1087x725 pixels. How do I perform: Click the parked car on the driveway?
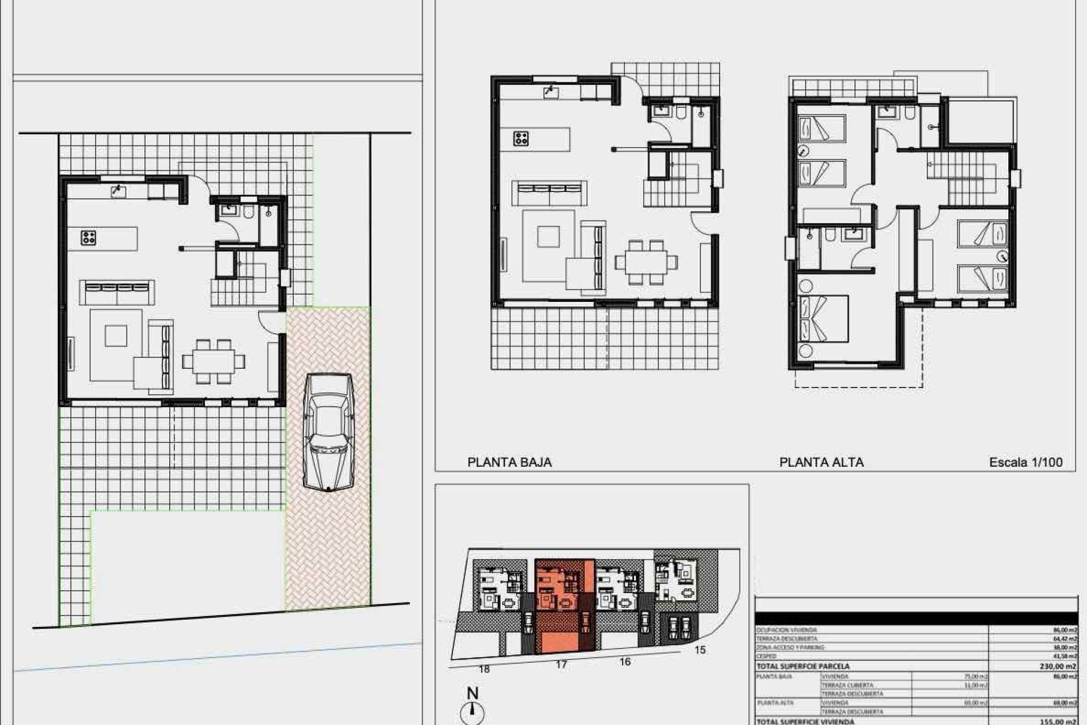point(328,432)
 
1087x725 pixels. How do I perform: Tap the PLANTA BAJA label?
point(510,462)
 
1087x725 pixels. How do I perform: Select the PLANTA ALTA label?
point(821,462)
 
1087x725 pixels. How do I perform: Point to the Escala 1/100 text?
point(1025,462)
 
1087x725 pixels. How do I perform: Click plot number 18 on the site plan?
point(484,669)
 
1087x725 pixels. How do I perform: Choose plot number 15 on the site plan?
point(700,650)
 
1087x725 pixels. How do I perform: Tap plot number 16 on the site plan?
point(625,662)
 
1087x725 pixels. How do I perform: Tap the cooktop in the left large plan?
point(88,238)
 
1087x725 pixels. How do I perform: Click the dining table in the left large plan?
point(213,361)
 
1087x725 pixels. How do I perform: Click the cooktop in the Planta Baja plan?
point(521,138)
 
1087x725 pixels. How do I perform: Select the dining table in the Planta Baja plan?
point(645,262)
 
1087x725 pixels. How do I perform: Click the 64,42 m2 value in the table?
point(1064,638)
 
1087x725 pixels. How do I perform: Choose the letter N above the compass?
point(472,693)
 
